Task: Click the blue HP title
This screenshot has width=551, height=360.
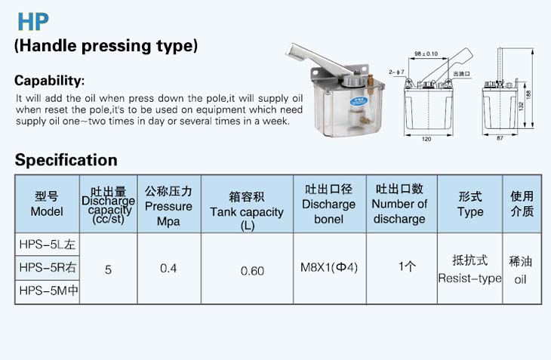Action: tap(33, 22)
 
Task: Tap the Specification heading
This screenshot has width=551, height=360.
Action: tap(66, 160)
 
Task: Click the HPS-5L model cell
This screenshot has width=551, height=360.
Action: tap(48, 245)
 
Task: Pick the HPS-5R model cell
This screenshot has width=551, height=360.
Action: tap(48, 268)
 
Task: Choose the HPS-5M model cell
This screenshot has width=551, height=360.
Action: tap(48, 291)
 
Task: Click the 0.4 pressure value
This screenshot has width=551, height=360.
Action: tap(168, 269)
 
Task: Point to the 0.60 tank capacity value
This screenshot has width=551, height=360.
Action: tap(252, 271)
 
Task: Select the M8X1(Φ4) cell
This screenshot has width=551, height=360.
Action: tap(329, 267)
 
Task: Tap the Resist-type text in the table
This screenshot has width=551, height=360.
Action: tap(469, 278)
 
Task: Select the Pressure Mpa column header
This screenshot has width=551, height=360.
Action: tap(168, 206)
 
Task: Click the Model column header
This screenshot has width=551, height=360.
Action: tap(47, 204)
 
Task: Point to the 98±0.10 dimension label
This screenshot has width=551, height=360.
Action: tap(426, 54)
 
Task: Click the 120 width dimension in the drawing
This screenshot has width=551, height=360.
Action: tap(426, 139)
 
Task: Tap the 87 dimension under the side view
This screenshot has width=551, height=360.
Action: tap(500, 138)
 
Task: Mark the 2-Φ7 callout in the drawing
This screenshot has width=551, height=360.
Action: tap(396, 72)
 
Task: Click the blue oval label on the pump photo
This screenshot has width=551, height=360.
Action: tap(359, 101)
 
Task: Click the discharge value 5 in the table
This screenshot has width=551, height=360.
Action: tap(108, 269)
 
